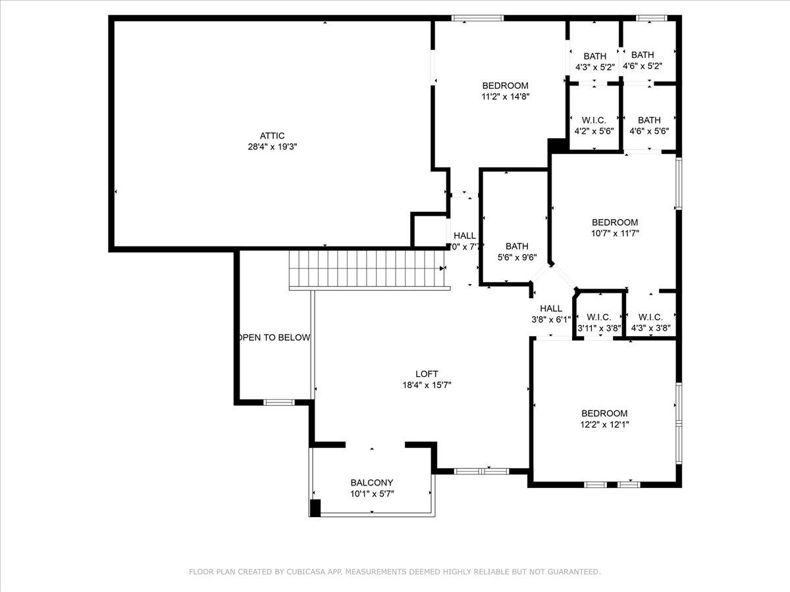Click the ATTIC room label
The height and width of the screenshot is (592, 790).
272,136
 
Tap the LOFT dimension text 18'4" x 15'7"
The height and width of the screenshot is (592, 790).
427,385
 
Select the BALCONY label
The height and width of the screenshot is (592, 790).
371,482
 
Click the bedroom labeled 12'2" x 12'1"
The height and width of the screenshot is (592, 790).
604,419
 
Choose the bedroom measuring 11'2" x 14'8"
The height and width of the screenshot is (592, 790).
505,91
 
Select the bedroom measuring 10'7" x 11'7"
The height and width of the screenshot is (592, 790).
614,228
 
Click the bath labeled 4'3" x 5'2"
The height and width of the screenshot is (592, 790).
594,61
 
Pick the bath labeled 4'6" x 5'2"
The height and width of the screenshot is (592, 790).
642,60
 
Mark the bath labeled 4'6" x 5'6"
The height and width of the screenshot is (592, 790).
648,125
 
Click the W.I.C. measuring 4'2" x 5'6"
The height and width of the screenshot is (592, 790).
594,125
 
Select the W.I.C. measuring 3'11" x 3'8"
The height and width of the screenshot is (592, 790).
598,322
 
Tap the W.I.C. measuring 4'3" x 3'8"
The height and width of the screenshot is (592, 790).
650,322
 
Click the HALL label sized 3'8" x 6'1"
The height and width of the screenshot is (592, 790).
551,314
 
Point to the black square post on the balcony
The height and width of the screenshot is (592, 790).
315,508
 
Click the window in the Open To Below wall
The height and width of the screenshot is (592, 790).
279,402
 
